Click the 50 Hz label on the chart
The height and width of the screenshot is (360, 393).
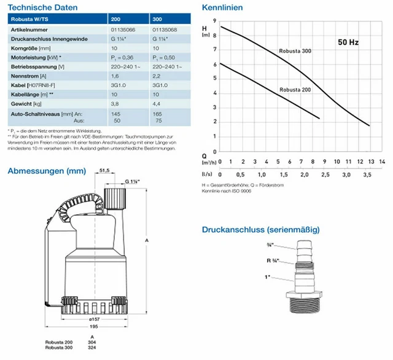tap(348, 43)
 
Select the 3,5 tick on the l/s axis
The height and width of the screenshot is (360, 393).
tap(367, 176)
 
